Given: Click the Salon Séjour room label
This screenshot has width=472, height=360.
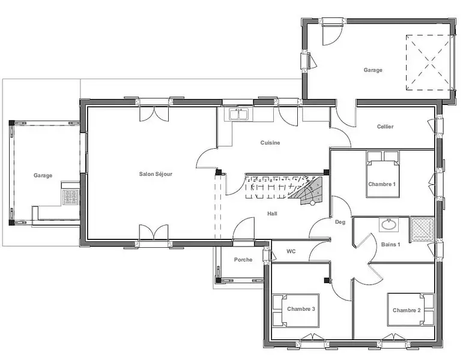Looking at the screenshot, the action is click(x=156, y=174).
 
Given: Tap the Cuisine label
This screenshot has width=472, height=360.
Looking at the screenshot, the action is click(x=270, y=143).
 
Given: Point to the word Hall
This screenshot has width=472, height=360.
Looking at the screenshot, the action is click(x=272, y=214).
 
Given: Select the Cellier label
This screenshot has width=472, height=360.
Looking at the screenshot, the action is click(x=385, y=127).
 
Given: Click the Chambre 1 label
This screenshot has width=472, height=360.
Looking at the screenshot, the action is click(x=382, y=184).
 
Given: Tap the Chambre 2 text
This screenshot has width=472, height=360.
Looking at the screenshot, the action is click(x=407, y=310).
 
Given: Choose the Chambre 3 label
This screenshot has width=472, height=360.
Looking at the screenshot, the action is click(x=301, y=309).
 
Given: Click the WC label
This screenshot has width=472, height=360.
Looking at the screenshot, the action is click(x=291, y=251).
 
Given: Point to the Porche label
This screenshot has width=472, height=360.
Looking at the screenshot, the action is click(x=243, y=260).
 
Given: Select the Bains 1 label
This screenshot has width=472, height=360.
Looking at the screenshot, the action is click(x=391, y=244).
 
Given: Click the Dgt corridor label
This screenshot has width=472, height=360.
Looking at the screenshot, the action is click(x=340, y=222).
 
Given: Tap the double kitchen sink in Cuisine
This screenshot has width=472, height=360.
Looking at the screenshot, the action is click(x=239, y=114).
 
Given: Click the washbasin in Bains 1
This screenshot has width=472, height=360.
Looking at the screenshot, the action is click(x=389, y=224).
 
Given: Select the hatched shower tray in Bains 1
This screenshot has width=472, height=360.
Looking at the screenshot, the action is click(x=423, y=229).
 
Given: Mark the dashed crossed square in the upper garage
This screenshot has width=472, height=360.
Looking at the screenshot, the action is click(x=429, y=62).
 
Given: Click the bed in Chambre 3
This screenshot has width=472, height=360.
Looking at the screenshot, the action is click(x=295, y=310).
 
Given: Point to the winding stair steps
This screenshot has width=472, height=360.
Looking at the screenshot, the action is click(x=307, y=191).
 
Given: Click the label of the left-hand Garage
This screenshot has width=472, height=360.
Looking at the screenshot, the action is click(x=43, y=175).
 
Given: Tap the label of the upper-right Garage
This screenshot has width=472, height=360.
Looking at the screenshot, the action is click(x=373, y=70).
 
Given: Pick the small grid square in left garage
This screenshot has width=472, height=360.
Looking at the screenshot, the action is click(x=71, y=197).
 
